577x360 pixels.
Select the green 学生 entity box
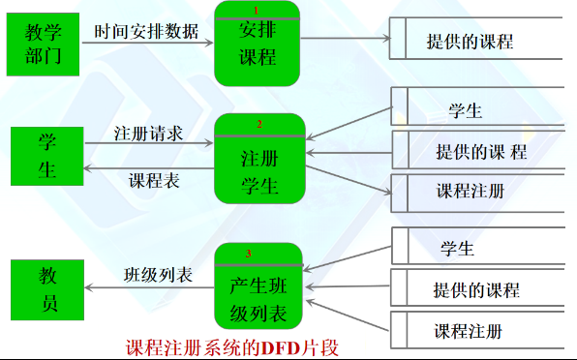[x=47, y=157]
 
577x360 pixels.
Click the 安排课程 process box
[x=258, y=45]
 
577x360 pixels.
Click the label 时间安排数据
[x=146, y=31]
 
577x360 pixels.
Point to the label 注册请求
[x=148, y=132]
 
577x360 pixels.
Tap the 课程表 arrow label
[x=153, y=181]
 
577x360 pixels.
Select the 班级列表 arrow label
[x=158, y=274]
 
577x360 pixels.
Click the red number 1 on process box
[x=257, y=10]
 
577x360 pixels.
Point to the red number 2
[x=259, y=124]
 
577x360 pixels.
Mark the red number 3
[x=249, y=254]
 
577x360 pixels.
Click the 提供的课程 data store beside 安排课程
[x=471, y=42]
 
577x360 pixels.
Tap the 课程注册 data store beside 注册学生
[x=471, y=191]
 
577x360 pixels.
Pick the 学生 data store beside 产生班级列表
[x=457, y=249]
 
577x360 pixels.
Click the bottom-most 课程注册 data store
[x=469, y=332]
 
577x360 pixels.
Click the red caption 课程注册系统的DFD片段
[x=234, y=346]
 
